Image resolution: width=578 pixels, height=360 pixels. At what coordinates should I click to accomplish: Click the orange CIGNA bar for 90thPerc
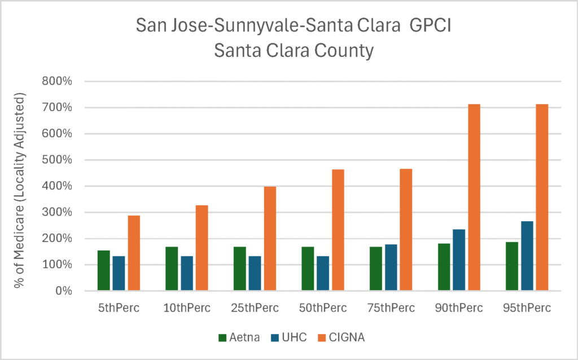pos(474,197)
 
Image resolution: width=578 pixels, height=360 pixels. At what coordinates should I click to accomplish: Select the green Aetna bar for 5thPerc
pos(104,270)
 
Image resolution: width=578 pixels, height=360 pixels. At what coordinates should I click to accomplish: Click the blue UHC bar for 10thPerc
pos(187,273)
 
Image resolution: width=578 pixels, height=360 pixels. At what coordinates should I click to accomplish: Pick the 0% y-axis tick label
pos(63,291)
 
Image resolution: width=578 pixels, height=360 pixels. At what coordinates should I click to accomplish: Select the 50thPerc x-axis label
pos(322,308)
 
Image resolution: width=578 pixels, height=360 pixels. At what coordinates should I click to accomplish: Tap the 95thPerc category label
pos(527,308)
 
